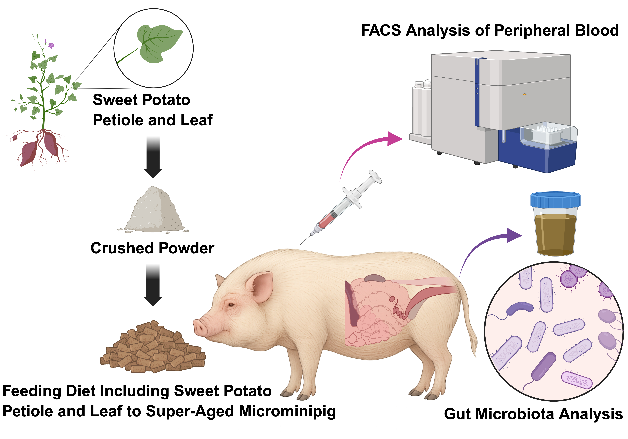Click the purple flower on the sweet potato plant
click(51, 45)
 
